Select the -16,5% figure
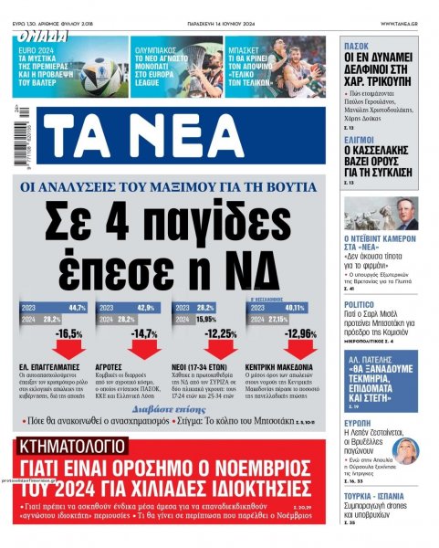68,334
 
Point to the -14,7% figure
145,334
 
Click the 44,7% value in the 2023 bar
77,308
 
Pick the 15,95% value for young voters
206,320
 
